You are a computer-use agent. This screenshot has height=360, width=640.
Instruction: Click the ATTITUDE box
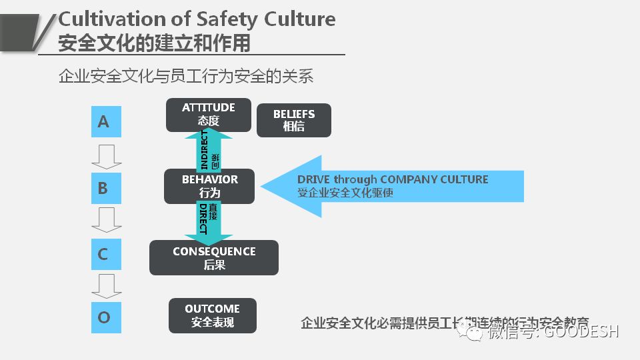point(209,115)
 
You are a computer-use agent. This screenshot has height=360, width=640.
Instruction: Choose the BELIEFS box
point(293,120)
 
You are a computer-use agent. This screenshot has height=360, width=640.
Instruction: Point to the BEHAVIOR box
point(209,186)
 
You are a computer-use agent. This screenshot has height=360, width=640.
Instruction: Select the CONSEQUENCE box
point(214,257)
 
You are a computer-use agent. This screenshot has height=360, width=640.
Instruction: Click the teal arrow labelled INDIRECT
point(209,151)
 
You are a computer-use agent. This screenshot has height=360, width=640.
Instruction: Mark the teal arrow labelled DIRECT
point(209,222)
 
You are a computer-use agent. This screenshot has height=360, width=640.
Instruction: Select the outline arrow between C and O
point(106,285)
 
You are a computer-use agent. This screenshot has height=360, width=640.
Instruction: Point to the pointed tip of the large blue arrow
point(262,187)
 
